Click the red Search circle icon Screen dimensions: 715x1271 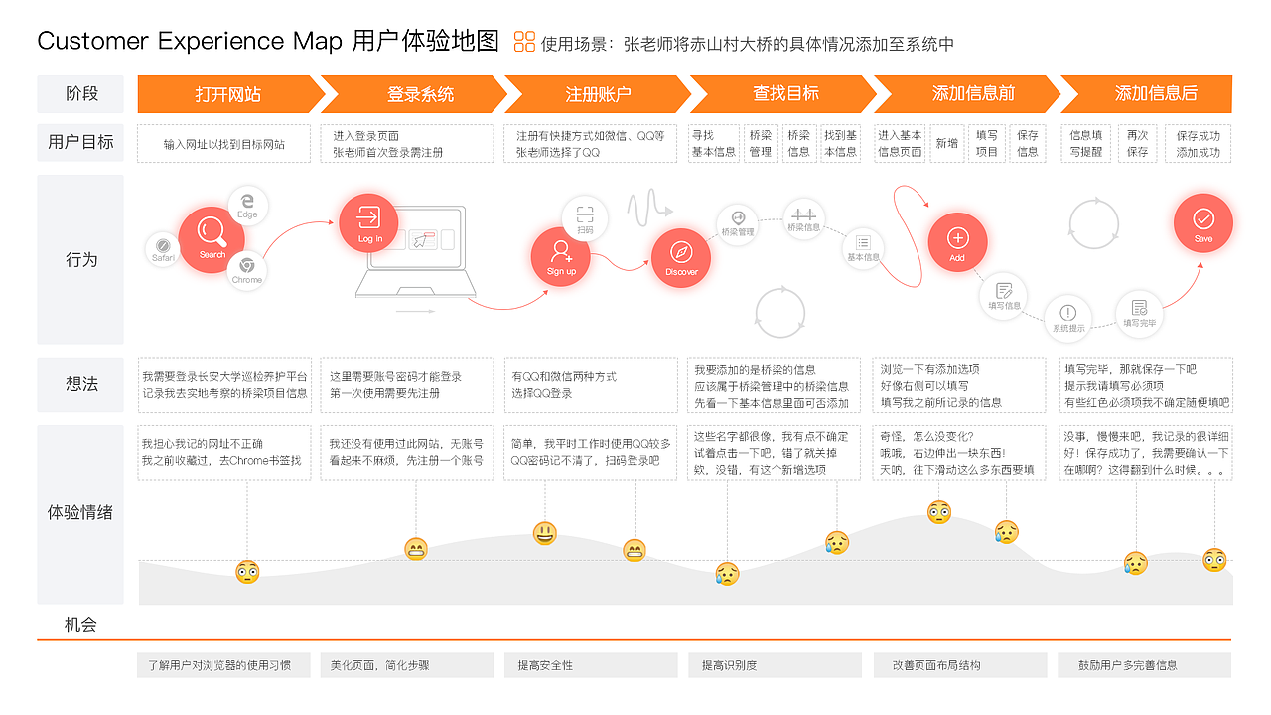coord(212,233)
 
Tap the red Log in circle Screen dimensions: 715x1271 coord(368,222)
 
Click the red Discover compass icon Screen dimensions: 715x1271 coord(681,257)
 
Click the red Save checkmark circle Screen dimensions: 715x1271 coord(1203,222)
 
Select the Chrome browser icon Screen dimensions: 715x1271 coord(247,269)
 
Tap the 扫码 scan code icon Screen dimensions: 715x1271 coord(585,217)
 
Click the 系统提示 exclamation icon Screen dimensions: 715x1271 coord(1068,317)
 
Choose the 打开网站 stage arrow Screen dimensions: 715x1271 coord(228,94)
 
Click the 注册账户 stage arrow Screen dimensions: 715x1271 coord(598,94)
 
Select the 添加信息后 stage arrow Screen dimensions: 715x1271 coord(1156,94)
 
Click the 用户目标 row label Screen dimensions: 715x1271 coord(80,142)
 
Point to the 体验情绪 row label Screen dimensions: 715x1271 coord(80,513)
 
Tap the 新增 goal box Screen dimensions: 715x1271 coord(947,143)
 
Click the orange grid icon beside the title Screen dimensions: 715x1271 coord(524,42)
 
